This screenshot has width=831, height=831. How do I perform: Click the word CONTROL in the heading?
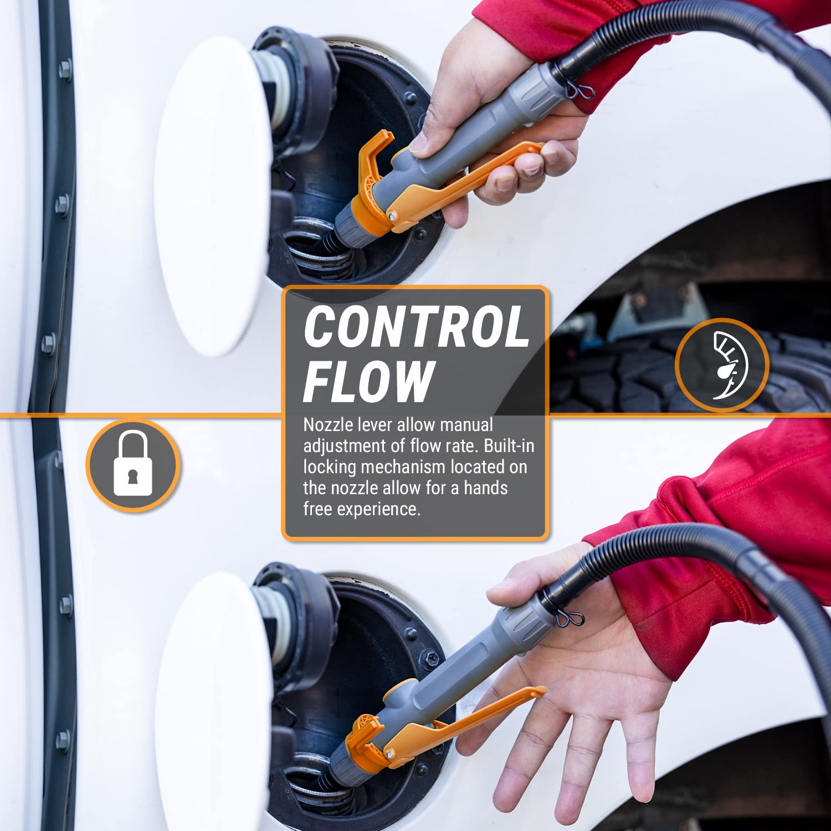click(416, 327)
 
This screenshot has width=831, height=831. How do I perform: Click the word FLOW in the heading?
click(368, 381)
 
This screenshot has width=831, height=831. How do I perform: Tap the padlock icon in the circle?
click(132, 464)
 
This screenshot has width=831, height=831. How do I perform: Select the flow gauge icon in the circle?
click(722, 365)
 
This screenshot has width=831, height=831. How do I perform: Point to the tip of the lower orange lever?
click(540, 690)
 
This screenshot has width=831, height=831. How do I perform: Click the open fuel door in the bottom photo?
click(213, 704)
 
